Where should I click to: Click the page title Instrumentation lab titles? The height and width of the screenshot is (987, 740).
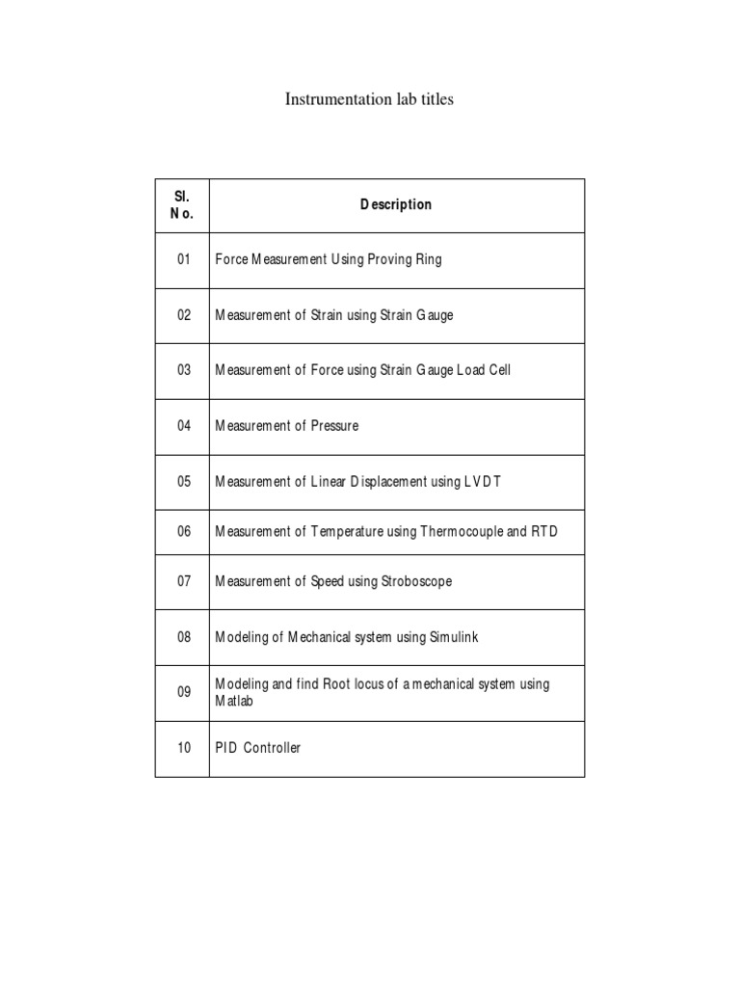coord(369,99)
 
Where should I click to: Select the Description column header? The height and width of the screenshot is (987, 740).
coord(396,204)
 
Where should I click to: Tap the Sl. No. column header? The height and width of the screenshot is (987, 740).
coord(182,205)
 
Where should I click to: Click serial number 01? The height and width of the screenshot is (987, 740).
coord(184,259)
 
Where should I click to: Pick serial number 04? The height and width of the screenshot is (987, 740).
coord(184,426)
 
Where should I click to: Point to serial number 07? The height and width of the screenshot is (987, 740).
coord(184,581)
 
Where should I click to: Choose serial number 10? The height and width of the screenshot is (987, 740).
coord(184,748)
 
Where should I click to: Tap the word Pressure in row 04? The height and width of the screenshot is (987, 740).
coord(334,426)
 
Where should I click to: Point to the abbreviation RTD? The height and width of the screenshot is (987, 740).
coord(544,531)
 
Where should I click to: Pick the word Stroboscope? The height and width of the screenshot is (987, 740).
coord(412,581)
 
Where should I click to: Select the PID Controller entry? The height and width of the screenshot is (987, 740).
coord(257,748)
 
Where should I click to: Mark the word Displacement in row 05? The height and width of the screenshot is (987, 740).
coord(389,482)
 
